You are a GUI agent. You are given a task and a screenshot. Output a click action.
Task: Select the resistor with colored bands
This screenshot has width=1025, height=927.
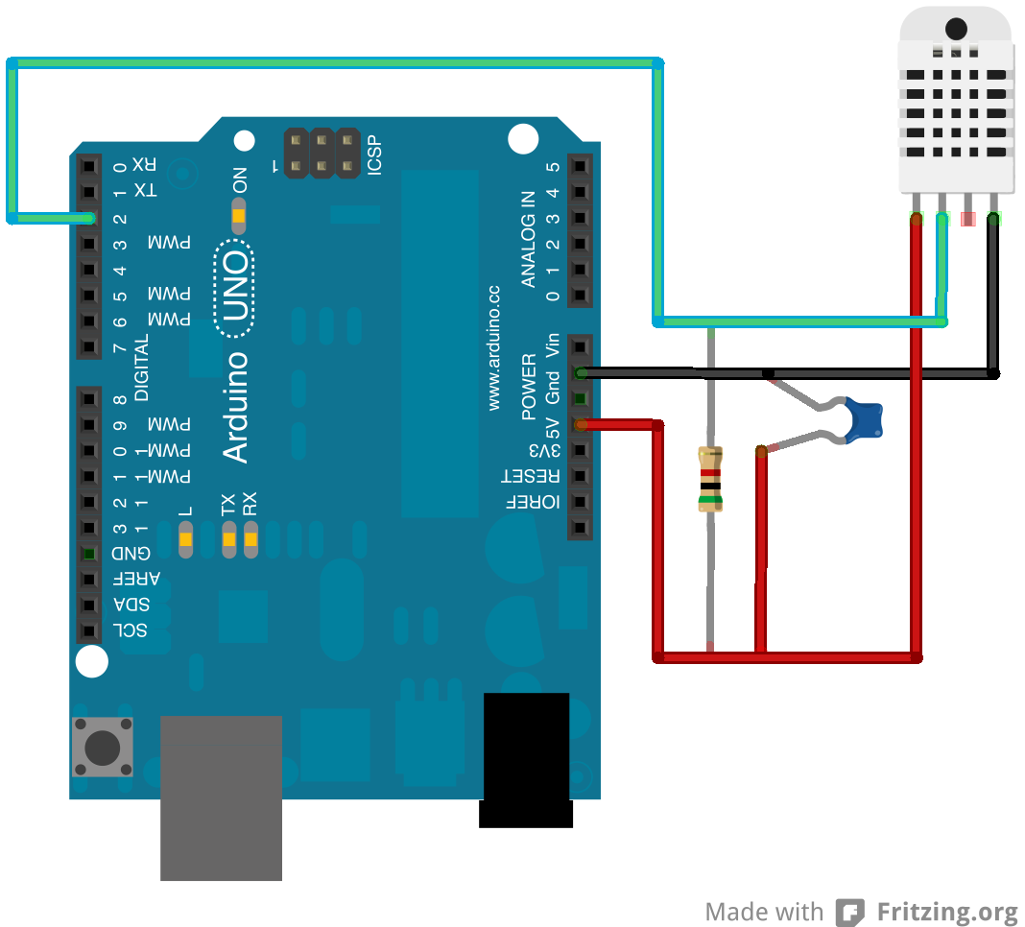pos(710,479)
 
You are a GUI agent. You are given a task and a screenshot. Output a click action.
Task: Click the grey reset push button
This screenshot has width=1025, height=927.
pos(103,746)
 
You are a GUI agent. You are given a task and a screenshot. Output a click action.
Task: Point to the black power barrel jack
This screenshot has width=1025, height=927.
pos(526,758)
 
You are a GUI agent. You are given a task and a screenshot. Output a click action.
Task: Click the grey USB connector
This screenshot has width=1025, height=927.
pos(221,796)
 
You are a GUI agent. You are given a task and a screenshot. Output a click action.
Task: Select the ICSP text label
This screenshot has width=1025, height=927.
pos(373,154)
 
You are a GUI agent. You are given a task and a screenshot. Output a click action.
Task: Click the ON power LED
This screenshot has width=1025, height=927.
pos(239,216)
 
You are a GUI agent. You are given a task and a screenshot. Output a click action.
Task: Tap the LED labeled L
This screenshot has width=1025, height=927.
pos(186,541)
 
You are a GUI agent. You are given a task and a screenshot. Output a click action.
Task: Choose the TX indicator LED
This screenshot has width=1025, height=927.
pos(228,541)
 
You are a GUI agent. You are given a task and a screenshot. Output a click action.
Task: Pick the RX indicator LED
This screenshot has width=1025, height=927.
pos(250,541)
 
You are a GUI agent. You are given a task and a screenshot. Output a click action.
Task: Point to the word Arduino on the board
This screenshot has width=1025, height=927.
pos(235,407)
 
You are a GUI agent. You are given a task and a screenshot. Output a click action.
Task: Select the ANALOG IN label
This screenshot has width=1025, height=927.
pos(528,239)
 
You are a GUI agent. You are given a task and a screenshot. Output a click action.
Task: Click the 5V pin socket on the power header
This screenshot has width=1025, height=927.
pos(579,423)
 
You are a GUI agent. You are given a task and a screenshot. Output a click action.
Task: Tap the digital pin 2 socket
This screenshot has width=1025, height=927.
pos(89,218)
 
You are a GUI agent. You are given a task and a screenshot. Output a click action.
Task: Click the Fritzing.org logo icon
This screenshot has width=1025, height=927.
pos(849,912)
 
